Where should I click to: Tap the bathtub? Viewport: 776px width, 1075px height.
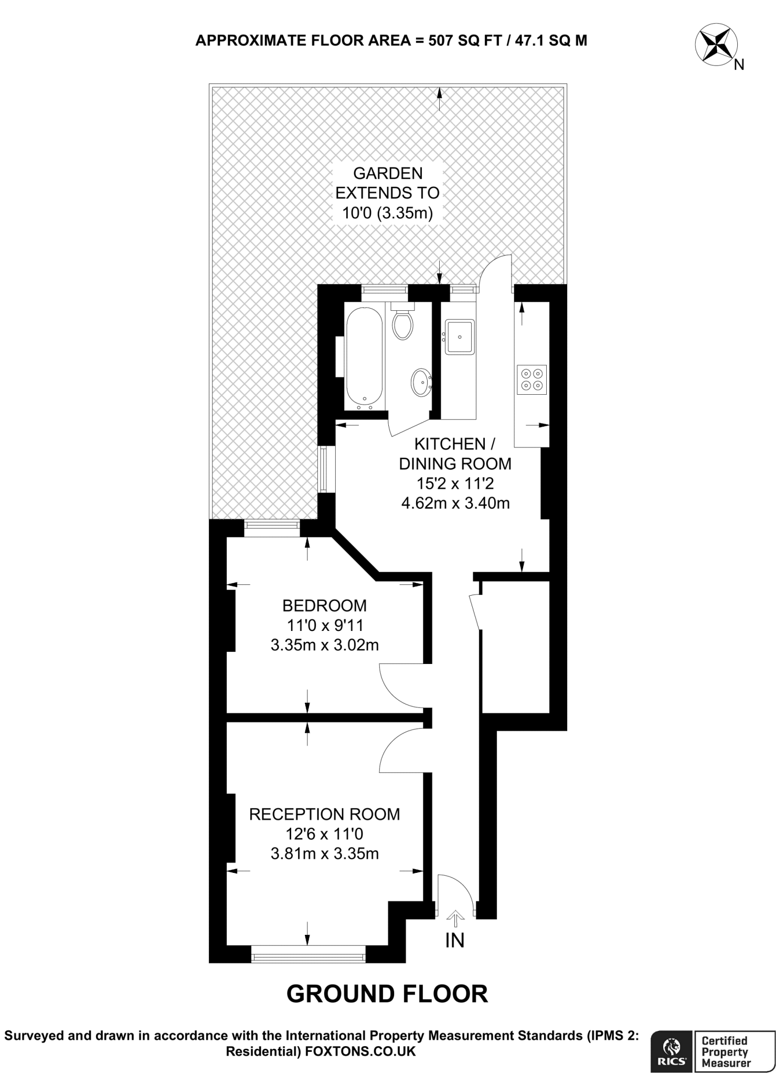pos(365,359)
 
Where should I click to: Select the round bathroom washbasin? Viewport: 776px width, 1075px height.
pos(421,382)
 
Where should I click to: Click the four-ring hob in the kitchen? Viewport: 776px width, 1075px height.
pos(531,380)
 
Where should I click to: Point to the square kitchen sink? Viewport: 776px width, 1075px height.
pos(460,337)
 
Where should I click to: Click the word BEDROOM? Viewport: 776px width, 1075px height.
pos(324,606)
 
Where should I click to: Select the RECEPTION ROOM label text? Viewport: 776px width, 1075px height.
pos(324,814)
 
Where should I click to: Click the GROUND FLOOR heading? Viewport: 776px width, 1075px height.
pos(387,994)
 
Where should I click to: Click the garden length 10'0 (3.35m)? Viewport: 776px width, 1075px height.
pos(387,213)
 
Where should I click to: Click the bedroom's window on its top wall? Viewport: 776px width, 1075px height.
pos(272,528)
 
